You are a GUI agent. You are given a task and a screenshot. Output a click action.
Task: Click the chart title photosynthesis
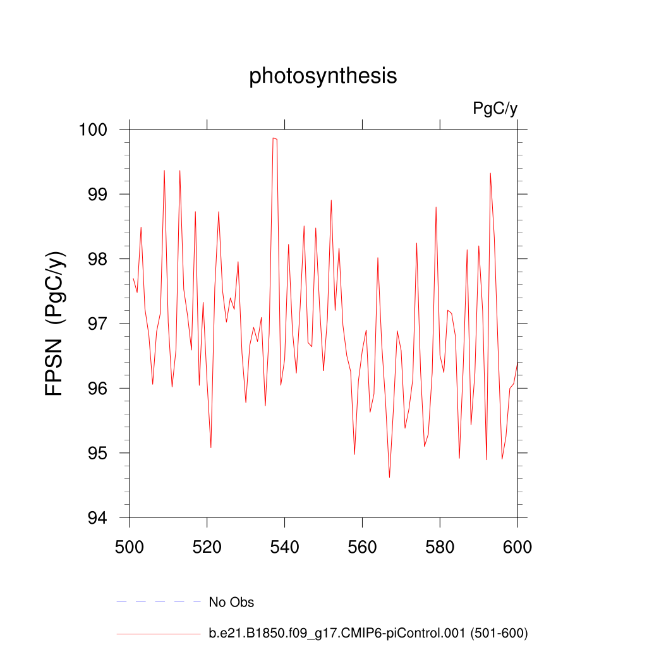(323, 76)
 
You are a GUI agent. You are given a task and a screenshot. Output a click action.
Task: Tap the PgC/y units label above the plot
(495, 109)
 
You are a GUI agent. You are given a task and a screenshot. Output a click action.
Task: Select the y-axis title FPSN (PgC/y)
(56, 323)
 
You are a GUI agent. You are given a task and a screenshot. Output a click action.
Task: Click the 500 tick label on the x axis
(130, 547)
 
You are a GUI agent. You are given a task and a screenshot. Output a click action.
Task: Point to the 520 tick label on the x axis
(207, 547)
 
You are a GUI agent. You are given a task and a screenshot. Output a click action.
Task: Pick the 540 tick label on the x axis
(285, 547)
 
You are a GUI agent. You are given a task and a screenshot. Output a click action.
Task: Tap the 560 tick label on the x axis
(363, 547)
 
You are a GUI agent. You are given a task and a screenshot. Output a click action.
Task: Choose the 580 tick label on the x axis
(440, 547)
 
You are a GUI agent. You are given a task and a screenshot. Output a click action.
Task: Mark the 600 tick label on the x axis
(517, 547)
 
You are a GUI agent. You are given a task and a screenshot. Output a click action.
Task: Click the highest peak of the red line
(274, 138)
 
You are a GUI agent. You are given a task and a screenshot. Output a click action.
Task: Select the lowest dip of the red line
(389, 477)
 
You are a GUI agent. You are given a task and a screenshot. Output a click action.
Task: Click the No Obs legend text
(231, 603)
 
